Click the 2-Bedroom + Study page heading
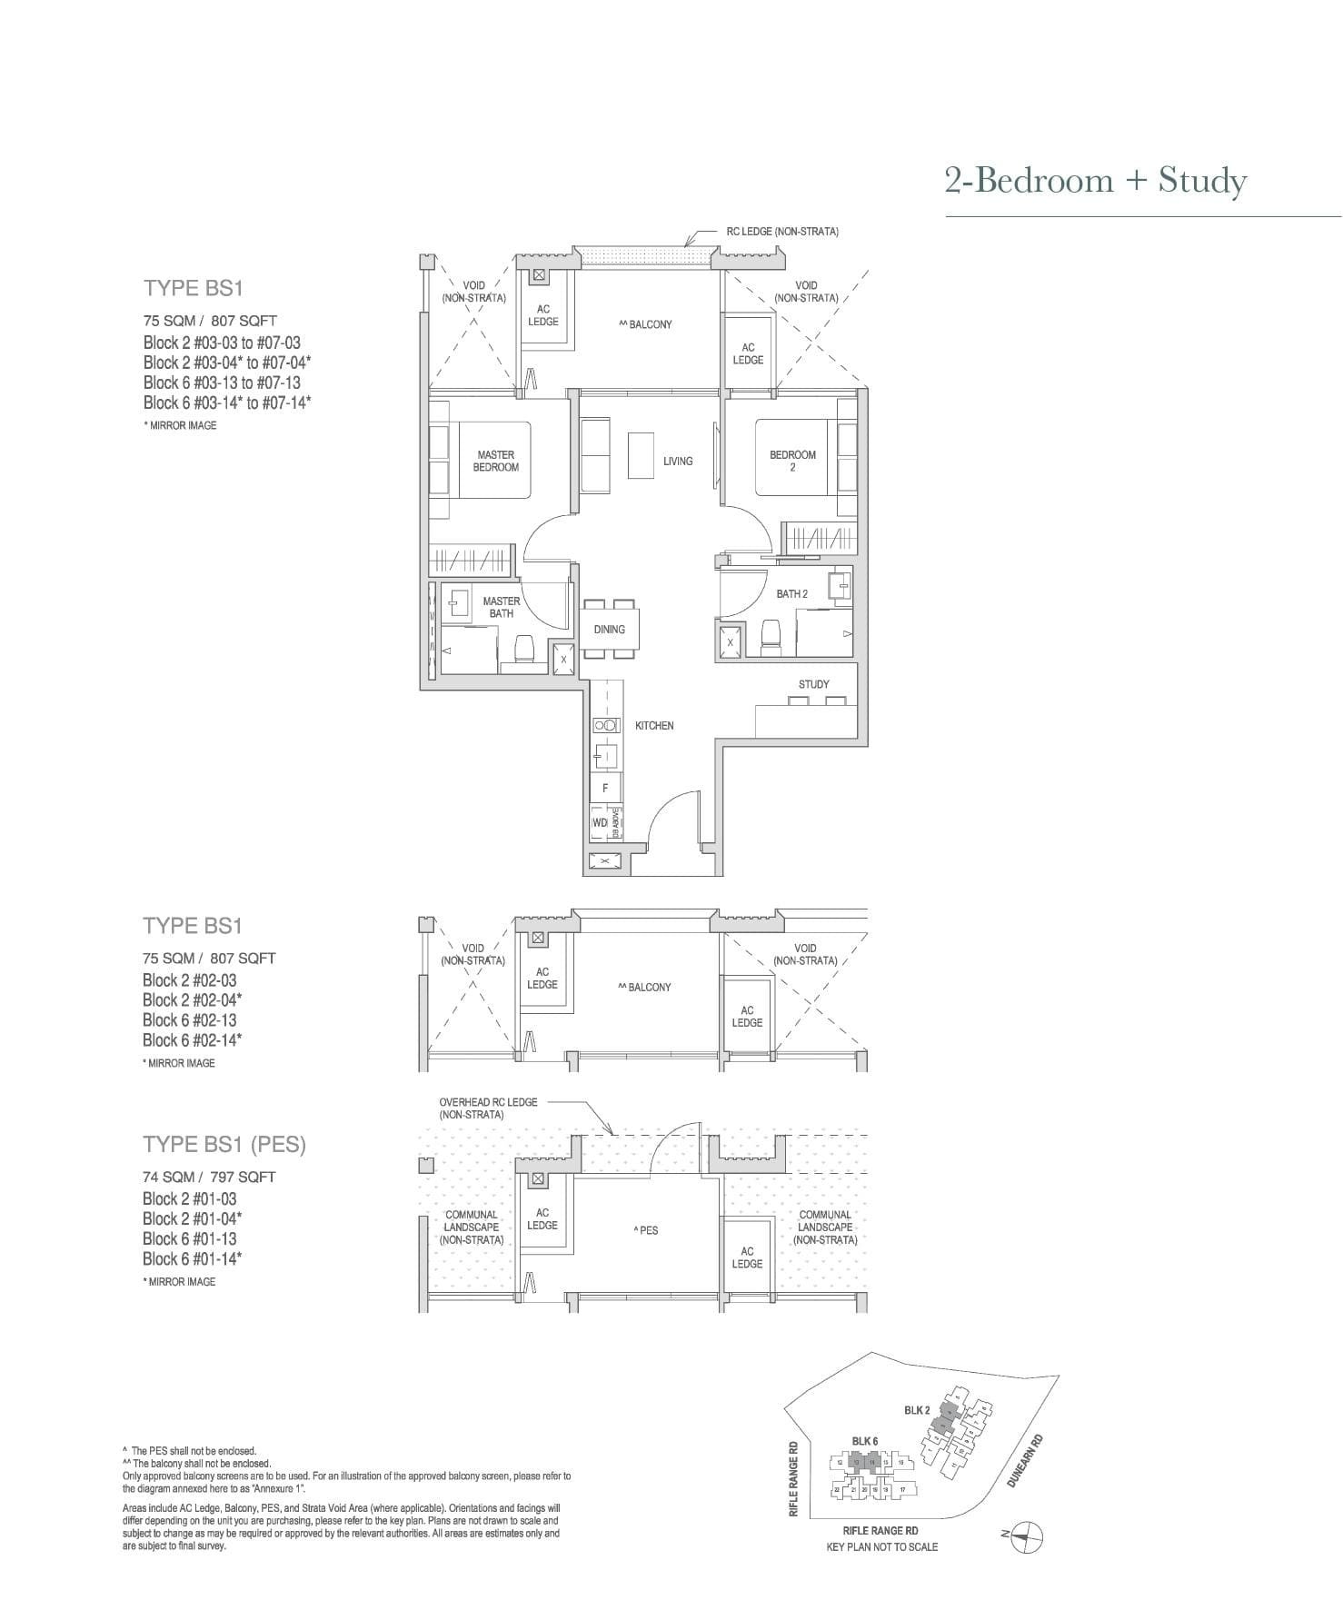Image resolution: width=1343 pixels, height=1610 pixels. point(1095,181)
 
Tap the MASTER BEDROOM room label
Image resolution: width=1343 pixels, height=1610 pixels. point(496,461)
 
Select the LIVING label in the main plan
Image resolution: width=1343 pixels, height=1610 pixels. point(678,462)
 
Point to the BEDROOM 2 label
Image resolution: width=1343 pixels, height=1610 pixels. point(792,461)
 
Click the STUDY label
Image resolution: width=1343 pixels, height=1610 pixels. point(814,684)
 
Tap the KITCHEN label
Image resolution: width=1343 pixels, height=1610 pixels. point(654,726)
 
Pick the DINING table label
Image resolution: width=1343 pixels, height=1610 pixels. point(609,630)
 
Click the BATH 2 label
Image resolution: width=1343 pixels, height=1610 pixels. point(791,594)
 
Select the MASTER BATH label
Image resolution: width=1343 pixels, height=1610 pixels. point(501,607)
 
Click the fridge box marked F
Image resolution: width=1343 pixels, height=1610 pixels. point(605,788)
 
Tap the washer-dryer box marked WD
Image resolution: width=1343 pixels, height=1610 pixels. point(600,822)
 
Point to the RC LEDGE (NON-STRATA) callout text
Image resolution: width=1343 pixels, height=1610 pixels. point(782,232)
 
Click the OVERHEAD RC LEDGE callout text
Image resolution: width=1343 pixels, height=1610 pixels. point(488,1108)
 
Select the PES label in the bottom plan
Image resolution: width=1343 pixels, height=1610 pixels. point(646,1230)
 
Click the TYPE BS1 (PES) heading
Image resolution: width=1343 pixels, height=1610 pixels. point(224,1145)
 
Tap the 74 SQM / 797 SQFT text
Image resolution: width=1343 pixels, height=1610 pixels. point(209,1177)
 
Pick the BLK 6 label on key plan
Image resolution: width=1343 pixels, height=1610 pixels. point(865,1441)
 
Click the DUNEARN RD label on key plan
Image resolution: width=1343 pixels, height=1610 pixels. point(1025,1460)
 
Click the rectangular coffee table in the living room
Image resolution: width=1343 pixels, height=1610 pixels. point(641,455)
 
